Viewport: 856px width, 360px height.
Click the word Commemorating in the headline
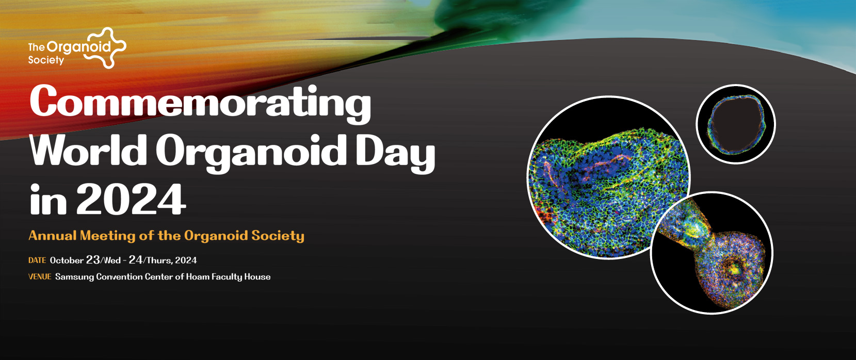(x=200, y=103)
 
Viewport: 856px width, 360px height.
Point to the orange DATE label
(x=37, y=260)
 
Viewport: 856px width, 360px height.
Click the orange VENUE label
(x=40, y=276)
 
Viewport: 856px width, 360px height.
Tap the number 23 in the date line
(x=93, y=260)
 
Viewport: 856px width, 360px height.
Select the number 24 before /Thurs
(x=136, y=260)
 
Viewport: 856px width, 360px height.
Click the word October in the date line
(x=67, y=260)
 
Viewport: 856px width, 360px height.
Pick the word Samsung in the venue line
(x=74, y=277)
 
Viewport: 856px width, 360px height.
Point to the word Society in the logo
(x=46, y=60)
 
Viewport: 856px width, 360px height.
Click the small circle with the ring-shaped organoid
(x=736, y=124)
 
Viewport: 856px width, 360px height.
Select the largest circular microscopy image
(x=608, y=177)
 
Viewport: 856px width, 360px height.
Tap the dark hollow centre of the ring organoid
(x=735, y=124)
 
